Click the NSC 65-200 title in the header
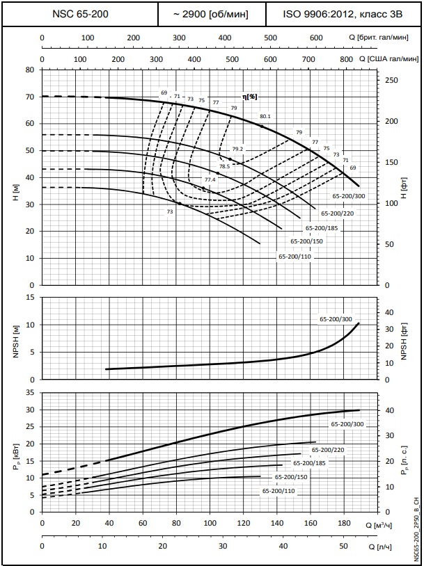pos(80,14)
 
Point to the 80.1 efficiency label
pos(265,117)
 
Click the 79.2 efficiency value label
pos(238,149)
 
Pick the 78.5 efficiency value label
pos(224,166)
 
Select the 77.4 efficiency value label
pos(210,180)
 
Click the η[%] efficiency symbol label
pos(250,97)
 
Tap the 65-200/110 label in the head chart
pos(295,257)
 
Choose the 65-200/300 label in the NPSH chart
pos(336,318)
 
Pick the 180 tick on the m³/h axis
pos(343,523)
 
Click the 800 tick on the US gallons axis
pos(346,60)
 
